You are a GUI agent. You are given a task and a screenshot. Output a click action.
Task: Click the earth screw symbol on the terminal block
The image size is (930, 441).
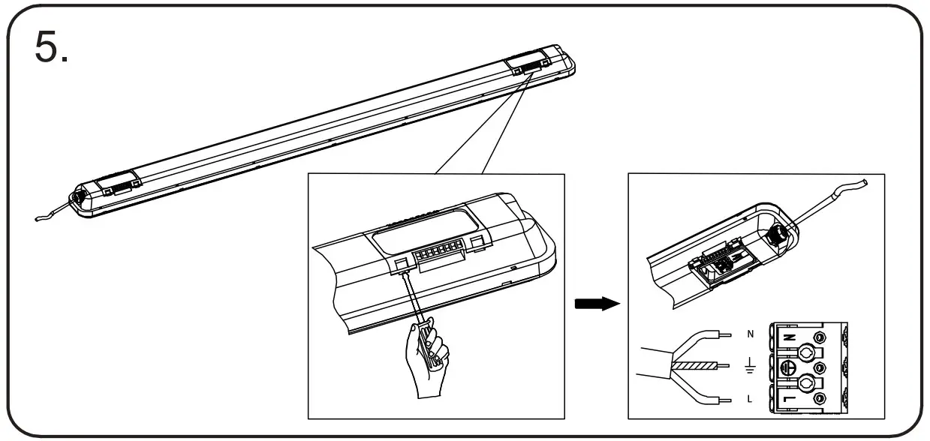coord(787,368)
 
